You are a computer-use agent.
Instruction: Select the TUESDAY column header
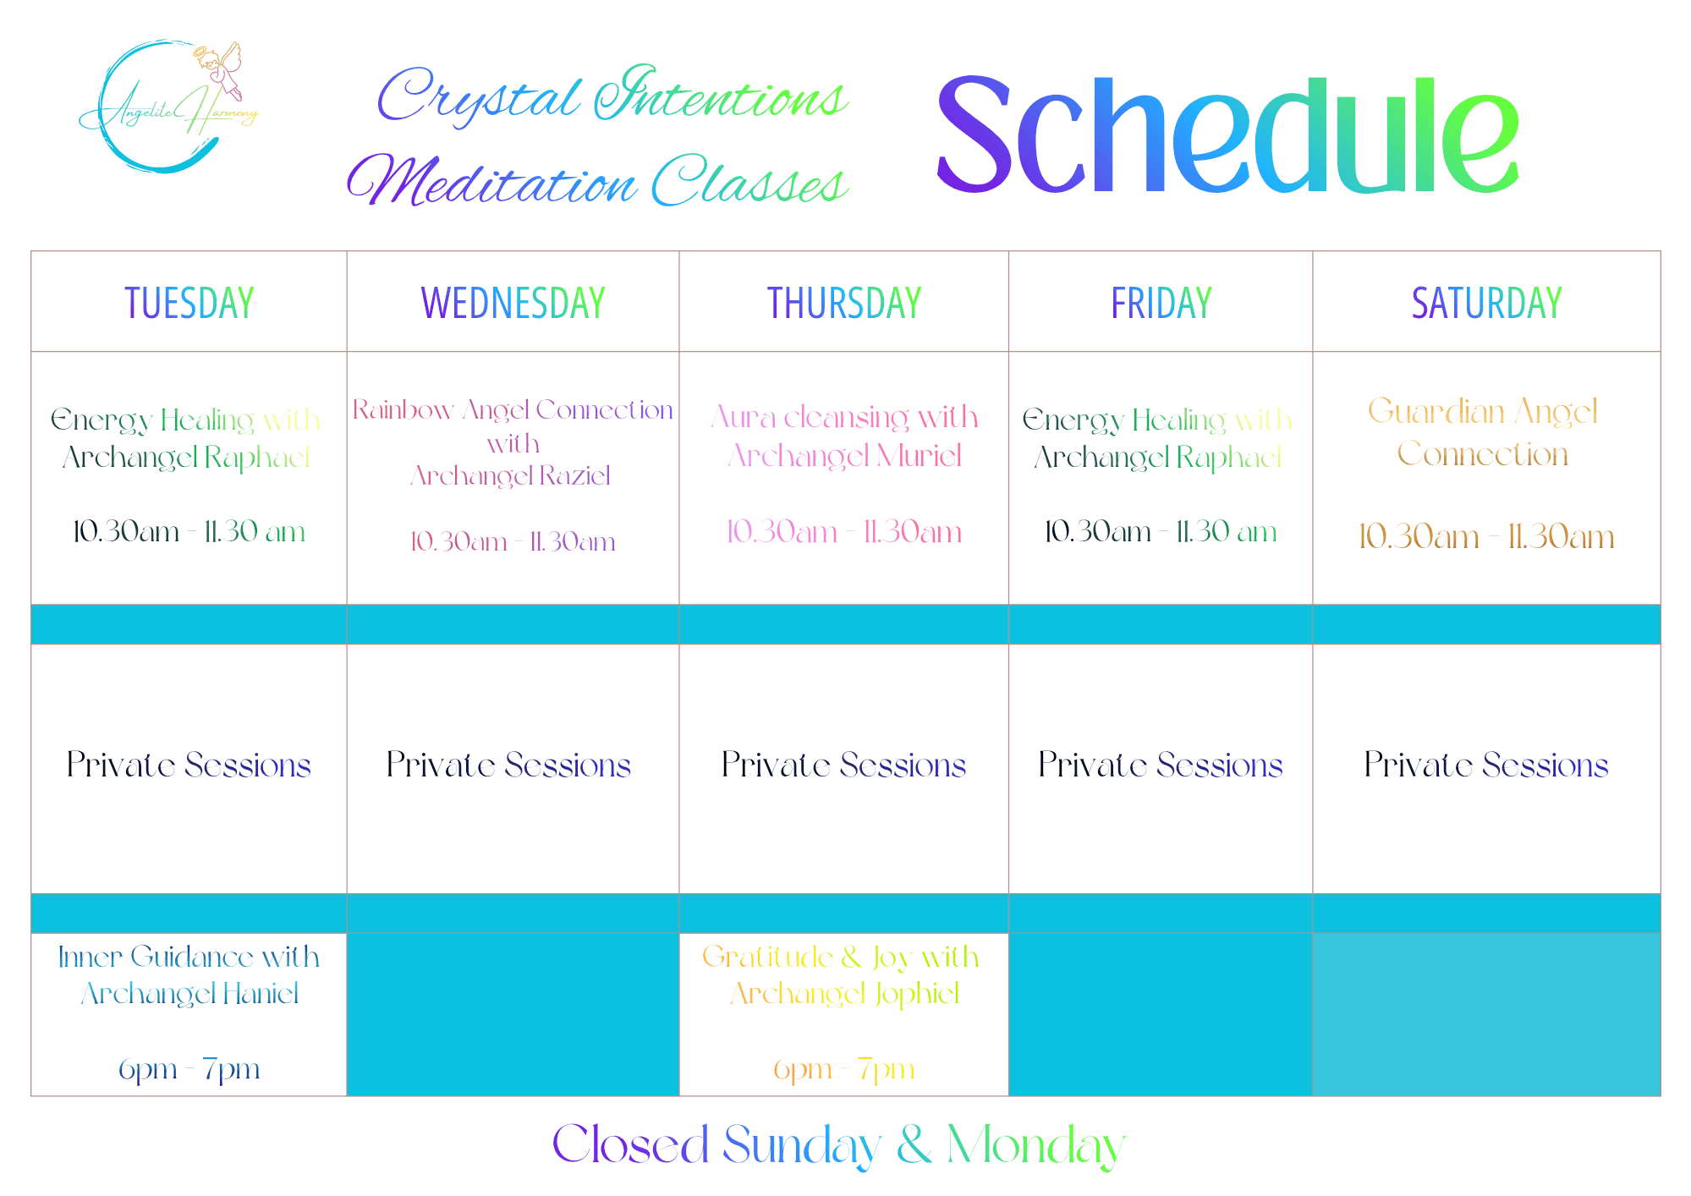(189, 303)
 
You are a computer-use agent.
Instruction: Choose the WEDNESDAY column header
(513, 303)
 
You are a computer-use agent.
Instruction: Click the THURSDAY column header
(844, 303)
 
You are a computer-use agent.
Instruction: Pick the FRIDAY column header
(1161, 303)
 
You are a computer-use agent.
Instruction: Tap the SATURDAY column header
(1487, 303)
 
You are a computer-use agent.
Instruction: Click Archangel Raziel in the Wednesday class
(511, 476)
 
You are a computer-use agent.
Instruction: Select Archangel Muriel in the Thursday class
(845, 457)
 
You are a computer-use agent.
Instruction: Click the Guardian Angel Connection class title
(1483, 432)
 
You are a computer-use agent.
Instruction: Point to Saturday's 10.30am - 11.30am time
(1486, 536)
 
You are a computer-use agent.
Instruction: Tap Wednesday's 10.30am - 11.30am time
(513, 541)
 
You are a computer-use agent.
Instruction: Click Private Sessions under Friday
(1161, 765)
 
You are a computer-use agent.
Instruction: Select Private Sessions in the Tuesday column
(189, 765)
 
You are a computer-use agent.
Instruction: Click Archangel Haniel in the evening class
(189, 994)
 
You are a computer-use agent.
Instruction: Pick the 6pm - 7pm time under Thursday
(844, 1070)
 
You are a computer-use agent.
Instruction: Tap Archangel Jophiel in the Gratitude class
(844, 994)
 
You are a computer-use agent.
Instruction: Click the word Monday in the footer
(1036, 1146)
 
